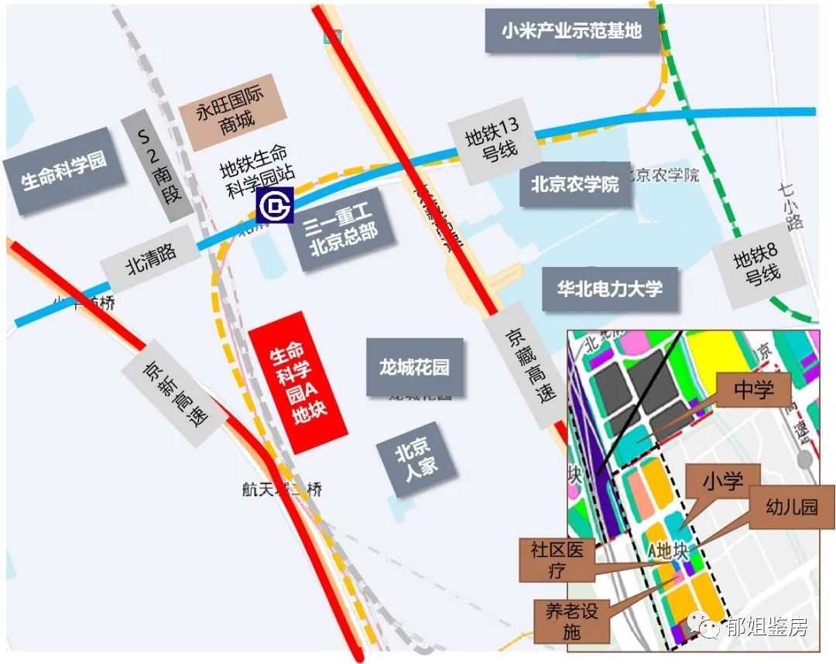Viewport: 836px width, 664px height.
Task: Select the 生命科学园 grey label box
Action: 63,171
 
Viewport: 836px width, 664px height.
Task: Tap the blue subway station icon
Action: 275,205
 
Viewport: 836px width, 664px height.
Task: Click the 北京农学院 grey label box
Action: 574,185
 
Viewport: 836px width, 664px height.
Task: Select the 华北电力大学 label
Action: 609,289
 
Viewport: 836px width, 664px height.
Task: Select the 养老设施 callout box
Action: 571,620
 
